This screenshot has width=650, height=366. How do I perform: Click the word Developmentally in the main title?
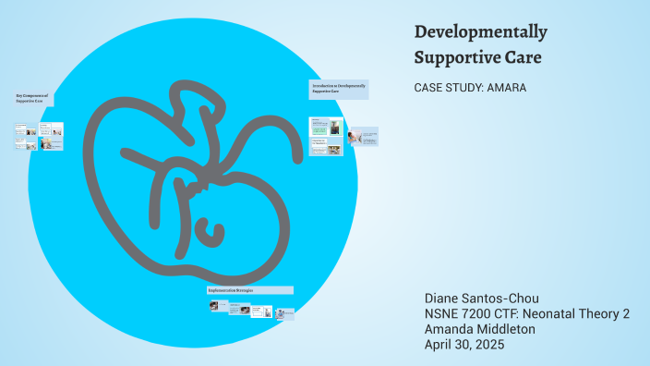480,32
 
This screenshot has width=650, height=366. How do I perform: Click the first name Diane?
442,299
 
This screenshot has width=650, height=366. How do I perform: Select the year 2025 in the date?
490,344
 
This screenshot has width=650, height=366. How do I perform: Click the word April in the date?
439,344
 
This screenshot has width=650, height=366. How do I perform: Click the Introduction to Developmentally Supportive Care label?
338,88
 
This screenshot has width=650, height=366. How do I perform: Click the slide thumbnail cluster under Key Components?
39,136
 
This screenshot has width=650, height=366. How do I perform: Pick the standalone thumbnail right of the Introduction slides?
364,136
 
